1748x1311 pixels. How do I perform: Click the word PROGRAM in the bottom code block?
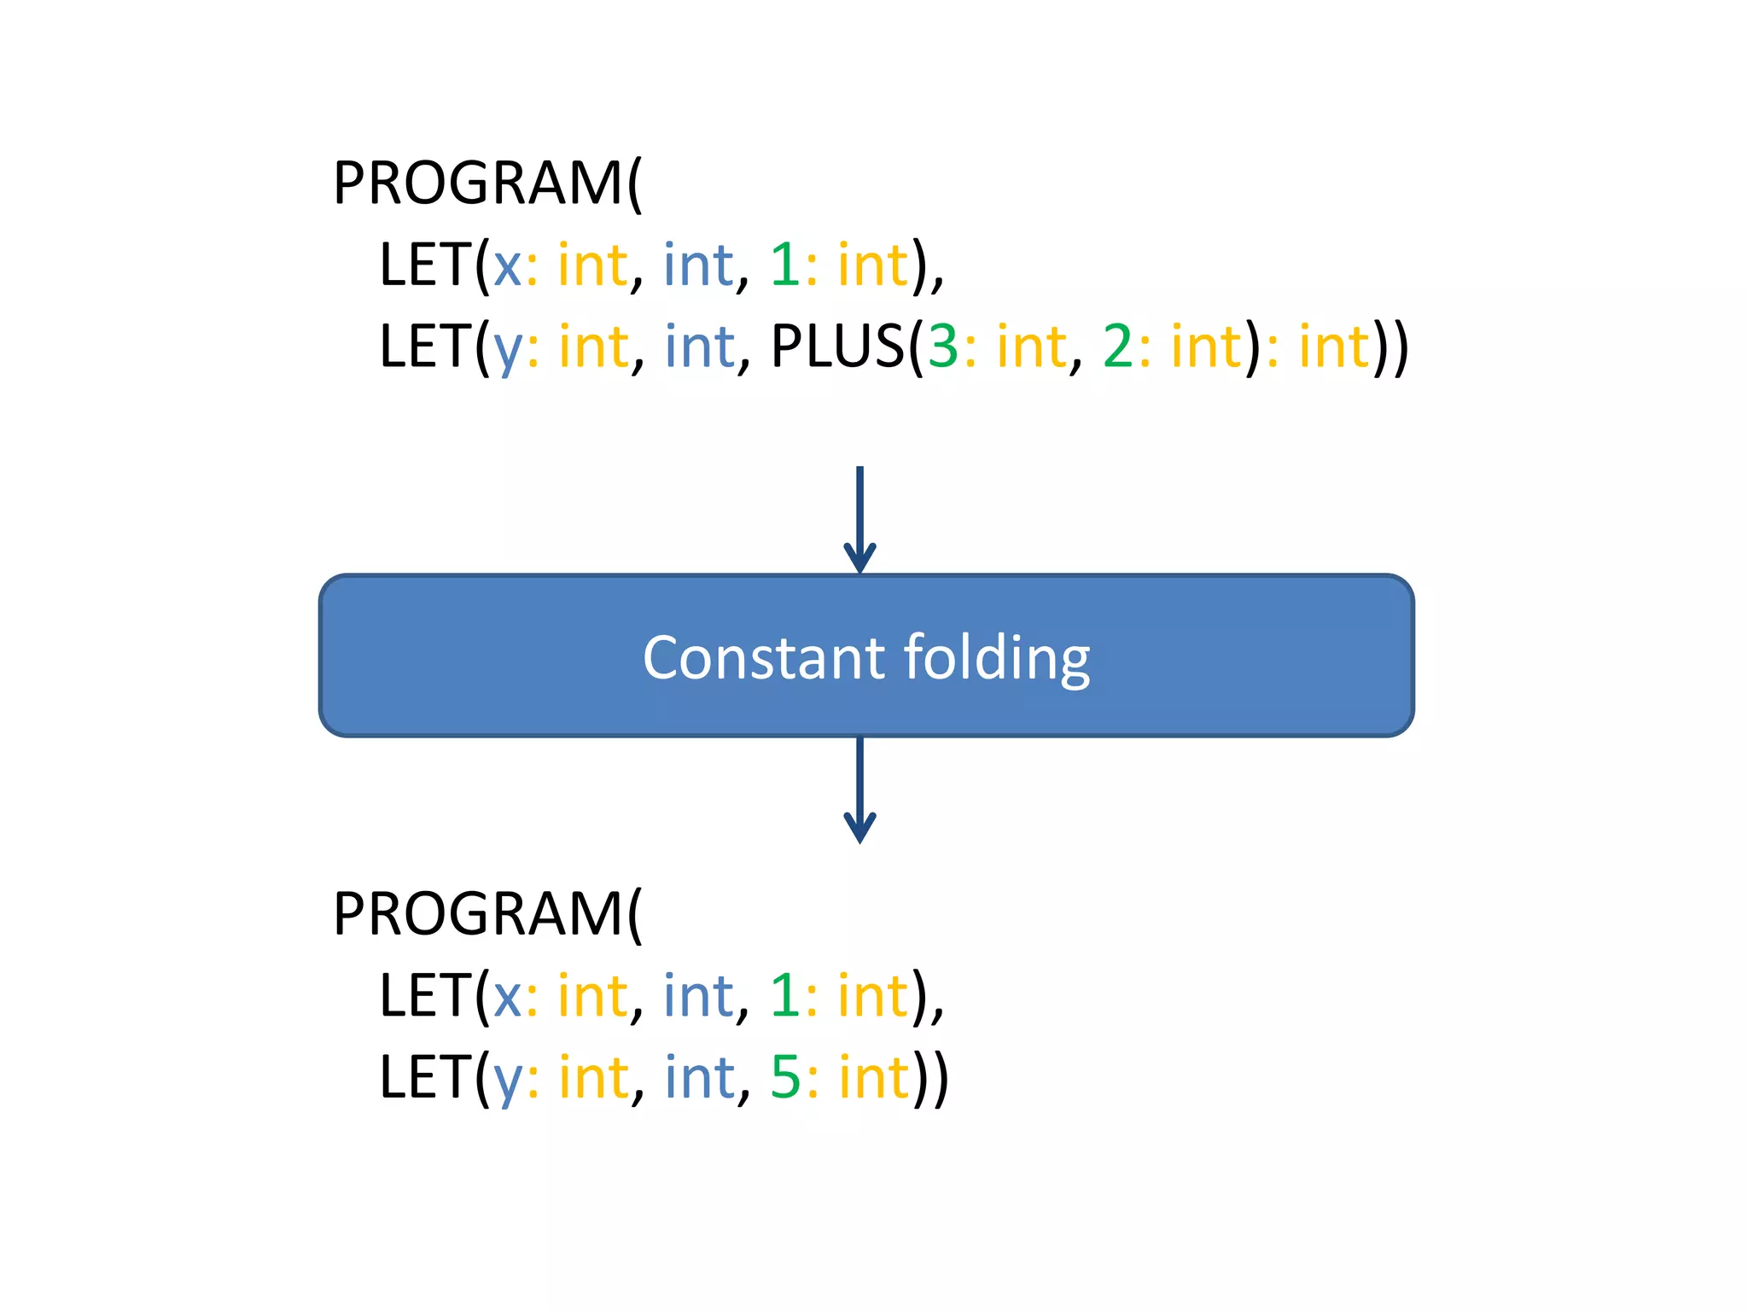(478, 913)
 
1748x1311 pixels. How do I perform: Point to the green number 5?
(785, 1077)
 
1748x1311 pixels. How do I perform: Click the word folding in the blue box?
(996, 659)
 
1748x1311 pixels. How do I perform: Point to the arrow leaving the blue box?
(859, 790)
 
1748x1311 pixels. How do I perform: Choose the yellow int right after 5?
(875, 1077)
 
